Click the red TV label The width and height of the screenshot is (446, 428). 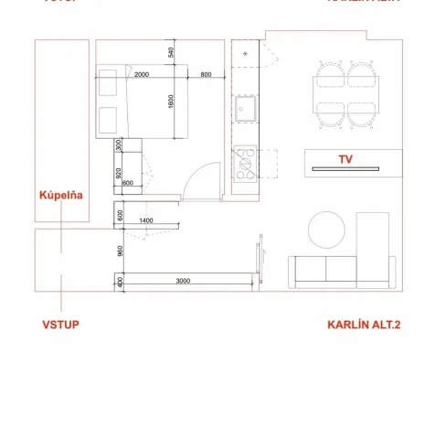pyautogui.click(x=345, y=159)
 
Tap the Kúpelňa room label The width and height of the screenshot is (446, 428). pyautogui.click(x=61, y=195)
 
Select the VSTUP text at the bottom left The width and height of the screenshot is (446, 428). pyautogui.click(x=61, y=325)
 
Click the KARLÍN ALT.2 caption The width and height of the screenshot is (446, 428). pyautogui.click(x=364, y=325)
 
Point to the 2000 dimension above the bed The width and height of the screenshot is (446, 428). pyautogui.click(x=142, y=74)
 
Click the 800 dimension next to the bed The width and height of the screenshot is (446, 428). pyautogui.click(x=206, y=74)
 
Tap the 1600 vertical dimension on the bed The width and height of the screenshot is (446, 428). pyautogui.click(x=171, y=102)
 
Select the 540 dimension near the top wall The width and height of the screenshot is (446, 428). pyautogui.click(x=171, y=52)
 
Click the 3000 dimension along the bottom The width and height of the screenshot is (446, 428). pyautogui.click(x=183, y=281)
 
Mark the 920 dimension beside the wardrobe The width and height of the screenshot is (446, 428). pyautogui.click(x=119, y=170)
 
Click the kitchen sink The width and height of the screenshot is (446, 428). pyautogui.click(x=246, y=111)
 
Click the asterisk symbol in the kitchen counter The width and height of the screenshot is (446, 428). pyautogui.click(x=246, y=56)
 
